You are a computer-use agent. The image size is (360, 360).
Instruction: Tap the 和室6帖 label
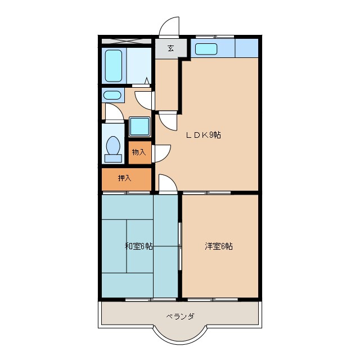pyautogui.click(x=138, y=246)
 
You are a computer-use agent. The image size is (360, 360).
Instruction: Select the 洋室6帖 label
pyautogui.click(x=219, y=246)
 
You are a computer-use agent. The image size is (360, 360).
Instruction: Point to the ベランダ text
pyautogui.click(x=180, y=316)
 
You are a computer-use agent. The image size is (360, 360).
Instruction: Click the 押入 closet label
pyautogui.click(x=125, y=179)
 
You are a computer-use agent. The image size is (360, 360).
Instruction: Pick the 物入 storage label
pyautogui.click(x=138, y=152)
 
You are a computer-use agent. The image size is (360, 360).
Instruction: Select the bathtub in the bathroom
pyautogui.click(x=114, y=65)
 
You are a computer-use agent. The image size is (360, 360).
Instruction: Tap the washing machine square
pyautogui.click(x=139, y=126)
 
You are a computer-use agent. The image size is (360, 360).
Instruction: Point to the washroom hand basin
pyautogui.click(x=112, y=94)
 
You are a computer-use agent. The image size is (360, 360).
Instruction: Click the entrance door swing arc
pyautogui.click(x=168, y=27)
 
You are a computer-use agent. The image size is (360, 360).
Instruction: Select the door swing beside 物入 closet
pyautogui.click(x=162, y=152)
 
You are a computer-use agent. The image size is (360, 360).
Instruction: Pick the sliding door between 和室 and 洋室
pyautogui.click(x=180, y=246)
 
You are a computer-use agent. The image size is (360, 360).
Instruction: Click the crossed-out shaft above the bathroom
pyautogui.click(x=126, y=40)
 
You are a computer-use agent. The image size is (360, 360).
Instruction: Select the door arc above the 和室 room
pyautogui.click(x=168, y=183)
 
